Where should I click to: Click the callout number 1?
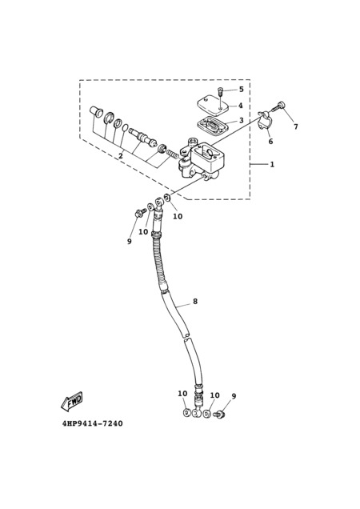tap(272, 165)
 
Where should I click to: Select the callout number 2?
tap(121, 156)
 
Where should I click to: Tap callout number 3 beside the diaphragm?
tap(241, 120)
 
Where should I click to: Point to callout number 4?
tap(241, 106)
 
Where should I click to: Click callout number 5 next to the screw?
tap(241, 90)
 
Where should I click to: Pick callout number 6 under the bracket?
tap(270, 142)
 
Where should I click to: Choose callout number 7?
tap(296, 126)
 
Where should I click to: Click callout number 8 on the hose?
tap(195, 301)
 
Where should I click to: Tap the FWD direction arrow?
tap(72, 400)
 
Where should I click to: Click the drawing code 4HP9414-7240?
tap(93, 423)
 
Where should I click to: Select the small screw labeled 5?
tap(221, 91)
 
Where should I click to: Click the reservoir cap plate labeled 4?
tap(214, 105)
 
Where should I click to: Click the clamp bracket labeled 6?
tap(265, 120)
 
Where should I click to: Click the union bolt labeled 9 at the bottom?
tap(220, 415)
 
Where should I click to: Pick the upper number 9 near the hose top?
tap(129, 242)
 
